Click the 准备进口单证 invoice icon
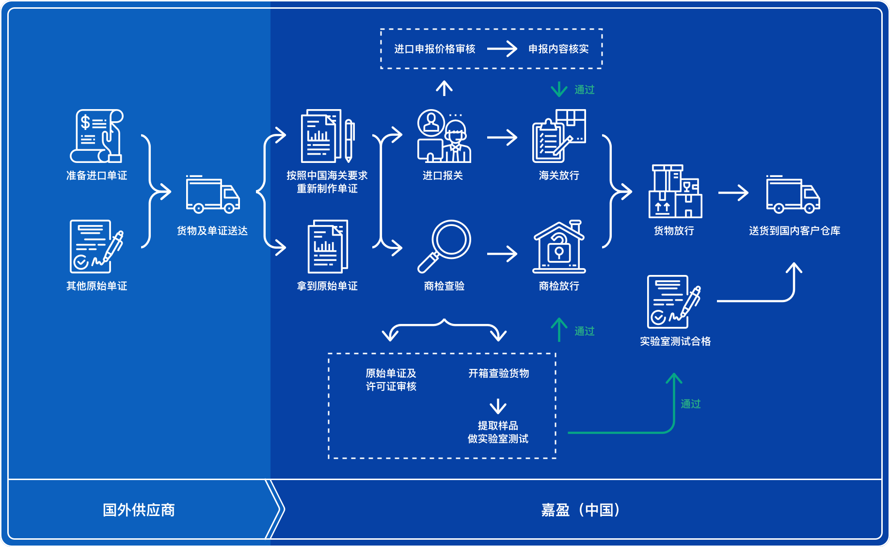coord(97,136)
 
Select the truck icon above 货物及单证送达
coord(213,194)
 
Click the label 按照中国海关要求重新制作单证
coord(327,182)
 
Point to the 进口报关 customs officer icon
coord(444,136)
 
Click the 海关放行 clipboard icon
coord(559,136)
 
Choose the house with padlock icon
coord(559,247)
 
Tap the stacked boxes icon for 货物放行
coord(675,192)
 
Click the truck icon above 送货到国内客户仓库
coord(793,194)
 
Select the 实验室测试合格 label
coord(675,341)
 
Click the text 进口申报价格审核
coord(435,49)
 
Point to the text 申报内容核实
coord(558,49)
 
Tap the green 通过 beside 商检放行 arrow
coord(584,331)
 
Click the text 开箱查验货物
coord(498,373)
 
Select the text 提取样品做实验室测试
coord(498,432)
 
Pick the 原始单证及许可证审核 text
coord(391,380)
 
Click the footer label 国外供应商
coord(139,510)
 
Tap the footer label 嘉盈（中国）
coord(580,510)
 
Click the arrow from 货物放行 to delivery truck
coord(733,193)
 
